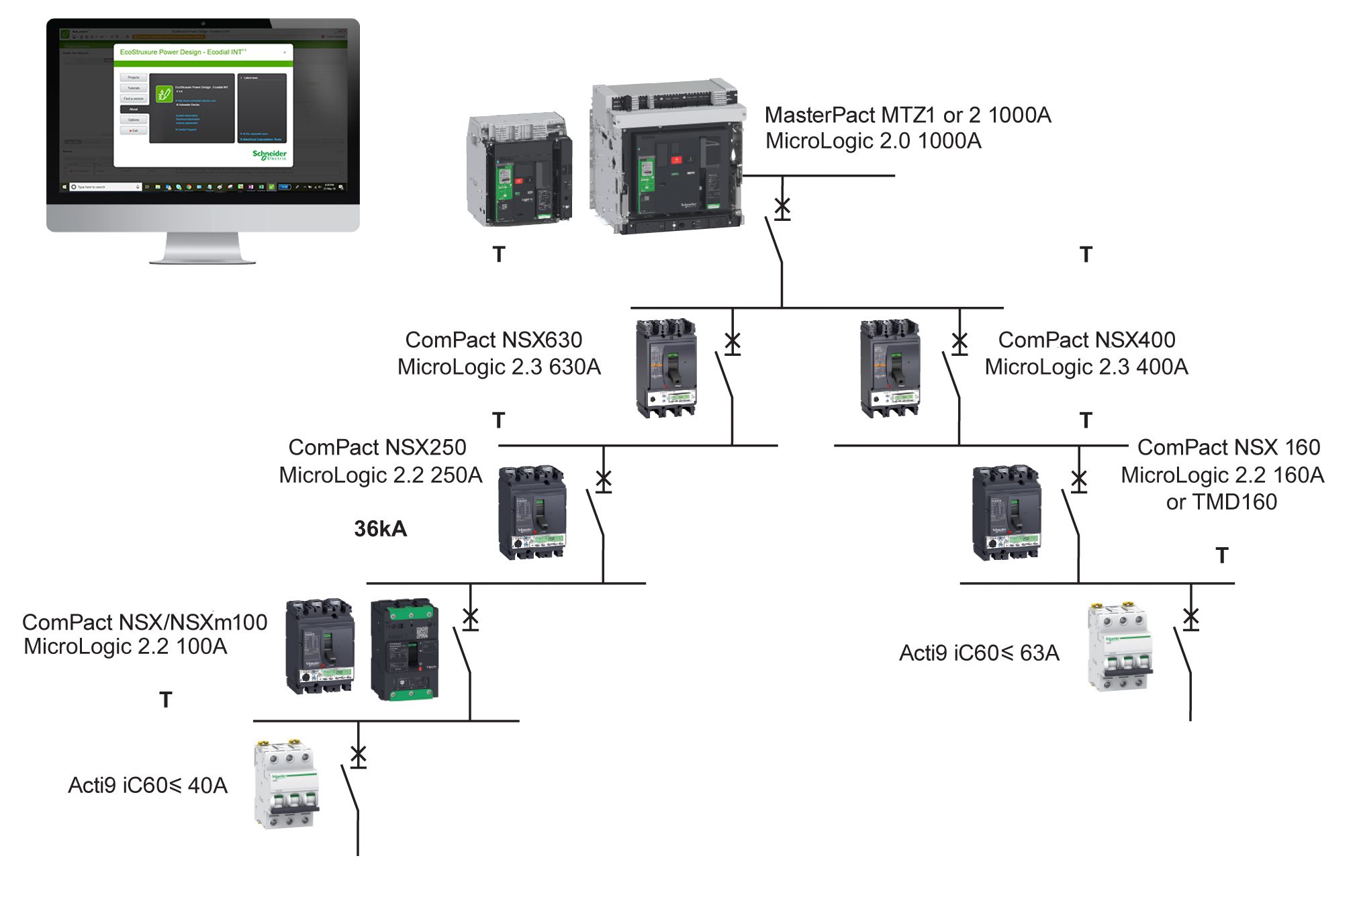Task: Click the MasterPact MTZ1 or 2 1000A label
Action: pyautogui.click(x=907, y=115)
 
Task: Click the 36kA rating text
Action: pyautogui.click(x=380, y=529)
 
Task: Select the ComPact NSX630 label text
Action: pyautogui.click(x=494, y=340)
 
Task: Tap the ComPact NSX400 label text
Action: pyautogui.click(x=1086, y=340)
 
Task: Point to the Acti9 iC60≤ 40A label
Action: pyautogui.click(x=148, y=786)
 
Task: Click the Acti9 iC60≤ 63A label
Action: pyautogui.click(x=979, y=653)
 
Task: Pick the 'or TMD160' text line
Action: pyautogui.click(x=1221, y=502)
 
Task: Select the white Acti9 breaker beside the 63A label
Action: pyautogui.click(x=1119, y=647)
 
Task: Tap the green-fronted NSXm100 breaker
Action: pyautogui.click(x=405, y=650)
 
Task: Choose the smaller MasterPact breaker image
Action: pyautogui.click(x=519, y=170)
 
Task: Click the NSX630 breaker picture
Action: pyautogui.click(x=666, y=368)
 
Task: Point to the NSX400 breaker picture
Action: pyautogui.click(x=890, y=368)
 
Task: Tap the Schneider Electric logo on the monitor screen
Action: pyautogui.click(x=269, y=155)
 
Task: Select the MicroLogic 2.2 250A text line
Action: pyautogui.click(x=381, y=475)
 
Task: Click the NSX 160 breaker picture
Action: pyautogui.click(x=1006, y=513)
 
